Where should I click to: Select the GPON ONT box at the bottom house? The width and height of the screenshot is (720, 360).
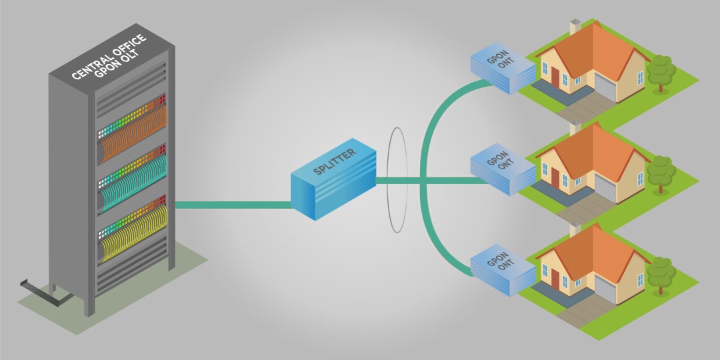pyautogui.click(x=501, y=265)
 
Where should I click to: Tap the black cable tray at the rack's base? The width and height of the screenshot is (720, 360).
pyautogui.click(x=37, y=286)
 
